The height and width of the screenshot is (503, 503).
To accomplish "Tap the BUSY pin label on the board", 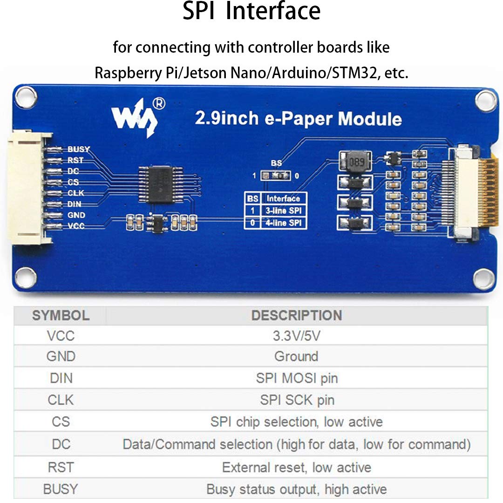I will [78, 150].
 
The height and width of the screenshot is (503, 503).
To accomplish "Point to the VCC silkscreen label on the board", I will [76, 226].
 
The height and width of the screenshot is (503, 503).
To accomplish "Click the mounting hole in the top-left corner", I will [25, 98].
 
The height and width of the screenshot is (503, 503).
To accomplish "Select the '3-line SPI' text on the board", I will [284, 211].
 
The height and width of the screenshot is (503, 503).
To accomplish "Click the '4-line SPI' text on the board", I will [284, 223].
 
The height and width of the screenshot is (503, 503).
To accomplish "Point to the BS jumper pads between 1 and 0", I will [276, 176].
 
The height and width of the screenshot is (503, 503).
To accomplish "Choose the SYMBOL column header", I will [61, 315].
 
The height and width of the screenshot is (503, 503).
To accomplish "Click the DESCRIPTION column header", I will [296, 315].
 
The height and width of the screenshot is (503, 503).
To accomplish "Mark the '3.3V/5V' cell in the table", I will [296, 336].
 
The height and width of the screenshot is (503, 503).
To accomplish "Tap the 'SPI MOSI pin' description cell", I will [296, 378].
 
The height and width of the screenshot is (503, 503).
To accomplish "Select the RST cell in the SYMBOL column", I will [61, 467].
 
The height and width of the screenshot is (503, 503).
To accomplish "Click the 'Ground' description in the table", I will [296, 357].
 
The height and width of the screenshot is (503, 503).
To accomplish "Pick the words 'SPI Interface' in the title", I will [251, 12].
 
